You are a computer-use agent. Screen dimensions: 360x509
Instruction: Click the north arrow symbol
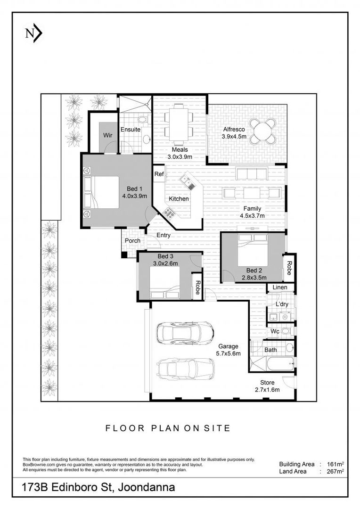34,34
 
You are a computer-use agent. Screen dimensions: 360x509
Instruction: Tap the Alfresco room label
234,129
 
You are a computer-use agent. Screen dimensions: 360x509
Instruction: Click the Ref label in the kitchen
159,174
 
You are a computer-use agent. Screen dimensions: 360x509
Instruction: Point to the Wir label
108,135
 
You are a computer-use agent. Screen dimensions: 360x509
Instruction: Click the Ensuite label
131,130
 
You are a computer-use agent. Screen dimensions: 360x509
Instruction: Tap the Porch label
133,240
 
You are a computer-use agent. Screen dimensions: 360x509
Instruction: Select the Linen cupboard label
280,287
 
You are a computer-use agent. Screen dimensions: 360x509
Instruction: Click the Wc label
275,331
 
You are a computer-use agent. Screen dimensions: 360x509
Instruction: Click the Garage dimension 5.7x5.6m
229,353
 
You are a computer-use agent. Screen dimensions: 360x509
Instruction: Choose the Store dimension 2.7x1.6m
267,390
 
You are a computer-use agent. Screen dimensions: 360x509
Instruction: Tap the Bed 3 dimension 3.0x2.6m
165,263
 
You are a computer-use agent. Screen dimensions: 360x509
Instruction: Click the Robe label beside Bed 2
289,268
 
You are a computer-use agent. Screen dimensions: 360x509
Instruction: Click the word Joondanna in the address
147,487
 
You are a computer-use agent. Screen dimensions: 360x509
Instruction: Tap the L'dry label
282,304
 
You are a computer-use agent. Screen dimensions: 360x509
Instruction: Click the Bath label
270,350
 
